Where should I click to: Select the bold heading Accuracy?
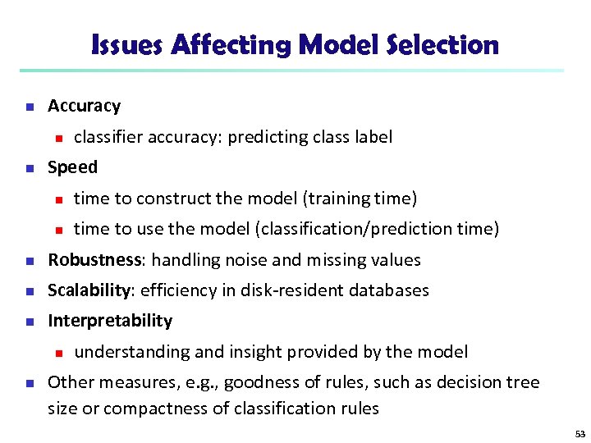(84, 106)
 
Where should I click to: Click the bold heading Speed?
(72, 167)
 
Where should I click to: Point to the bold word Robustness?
(94, 260)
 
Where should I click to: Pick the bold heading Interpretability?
(110, 321)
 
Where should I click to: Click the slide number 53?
(580, 432)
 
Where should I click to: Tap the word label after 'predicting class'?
(373, 137)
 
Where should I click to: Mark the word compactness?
(148, 408)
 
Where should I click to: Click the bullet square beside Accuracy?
(28, 107)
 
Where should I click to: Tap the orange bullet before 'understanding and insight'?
(55, 353)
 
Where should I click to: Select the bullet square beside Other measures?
(28, 383)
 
